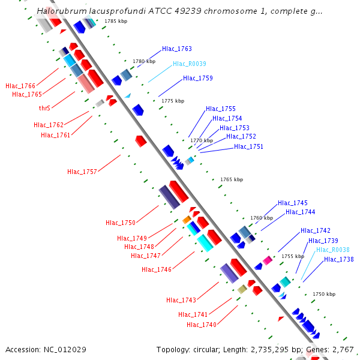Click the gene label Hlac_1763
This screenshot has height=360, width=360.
tap(177, 49)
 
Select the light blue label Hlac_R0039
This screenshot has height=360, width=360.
tap(190, 64)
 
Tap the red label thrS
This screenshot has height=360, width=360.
tap(44, 108)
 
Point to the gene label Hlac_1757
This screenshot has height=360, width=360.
tap(82, 172)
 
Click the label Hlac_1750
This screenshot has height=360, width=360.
tap(121, 223)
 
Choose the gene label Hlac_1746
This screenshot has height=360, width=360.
tap(157, 269)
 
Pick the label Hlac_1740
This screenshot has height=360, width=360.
tap(202, 325)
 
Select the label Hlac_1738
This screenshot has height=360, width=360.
tap(339, 259)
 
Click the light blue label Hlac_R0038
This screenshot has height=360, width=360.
tap(333, 250)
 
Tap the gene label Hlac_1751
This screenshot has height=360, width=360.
tap(249, 146)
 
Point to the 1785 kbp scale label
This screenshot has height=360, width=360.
tap(115, 21)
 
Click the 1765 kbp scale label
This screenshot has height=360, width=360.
tap(232, 179)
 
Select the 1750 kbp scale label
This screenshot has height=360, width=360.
tap(324, 294)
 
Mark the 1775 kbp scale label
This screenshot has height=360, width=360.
tap(173, 101)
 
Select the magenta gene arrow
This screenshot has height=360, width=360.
tap(268, 260)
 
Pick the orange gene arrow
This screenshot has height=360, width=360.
tap(187, 220)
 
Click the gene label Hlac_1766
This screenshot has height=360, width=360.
tap(20, 86)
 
